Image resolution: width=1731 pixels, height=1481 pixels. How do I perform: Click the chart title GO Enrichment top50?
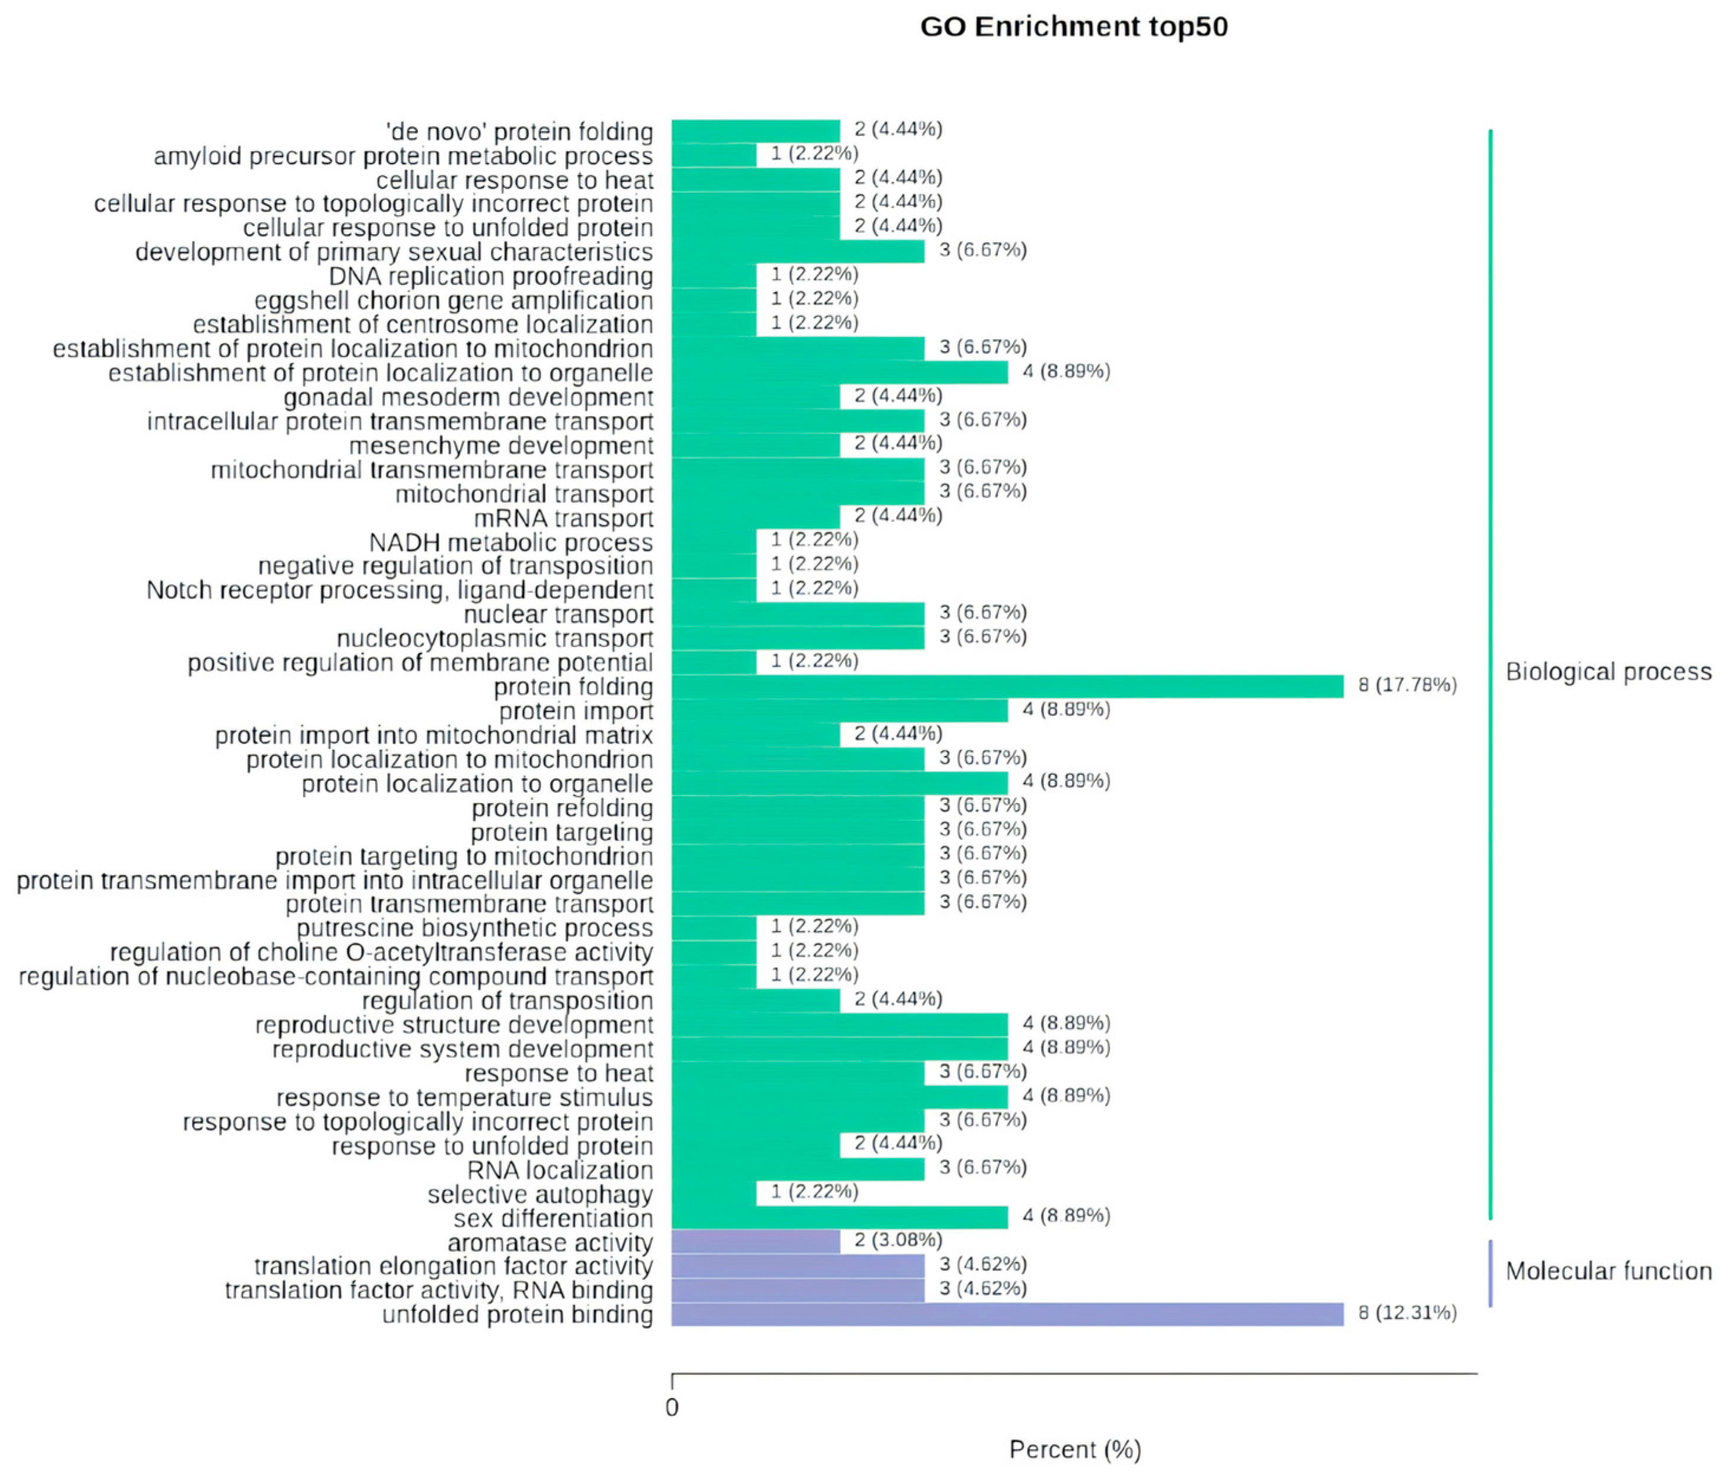[x=1074, y=27]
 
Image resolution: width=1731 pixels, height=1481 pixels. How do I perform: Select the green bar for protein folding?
[x=1007, y=686]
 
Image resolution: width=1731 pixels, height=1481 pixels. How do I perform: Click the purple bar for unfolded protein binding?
[x=1007, y=1314]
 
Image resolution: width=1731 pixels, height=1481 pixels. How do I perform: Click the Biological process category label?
[x=1608, y=672]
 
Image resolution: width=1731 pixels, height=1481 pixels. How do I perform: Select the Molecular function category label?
[x=1608, y=1271]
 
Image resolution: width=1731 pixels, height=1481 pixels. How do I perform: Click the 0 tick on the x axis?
[x=673, y=1408]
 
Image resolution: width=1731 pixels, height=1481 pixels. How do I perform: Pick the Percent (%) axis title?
[x=1075, y=1450]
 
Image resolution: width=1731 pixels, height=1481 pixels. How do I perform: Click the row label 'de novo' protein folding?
[x=520, y=132]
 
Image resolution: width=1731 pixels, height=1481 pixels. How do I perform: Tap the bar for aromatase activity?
[x=755, y=1241]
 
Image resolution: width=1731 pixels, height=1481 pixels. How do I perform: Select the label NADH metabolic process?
[x=511, y=543]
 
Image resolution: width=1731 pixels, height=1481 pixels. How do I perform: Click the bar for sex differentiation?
[x=840, y=1217]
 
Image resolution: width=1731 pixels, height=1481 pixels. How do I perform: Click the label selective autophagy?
[x=540, y=1194]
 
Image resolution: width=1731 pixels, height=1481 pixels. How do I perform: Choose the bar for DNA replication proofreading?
[x=714, y=276]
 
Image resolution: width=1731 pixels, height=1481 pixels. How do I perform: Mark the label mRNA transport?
[x=564, y=518]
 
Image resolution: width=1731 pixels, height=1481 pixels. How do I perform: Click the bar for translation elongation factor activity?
[x=798, y=1265]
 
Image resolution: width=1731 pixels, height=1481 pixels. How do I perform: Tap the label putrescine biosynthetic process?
[x=474, y=928]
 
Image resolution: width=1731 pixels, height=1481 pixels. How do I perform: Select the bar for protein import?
[x=840, y=710]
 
